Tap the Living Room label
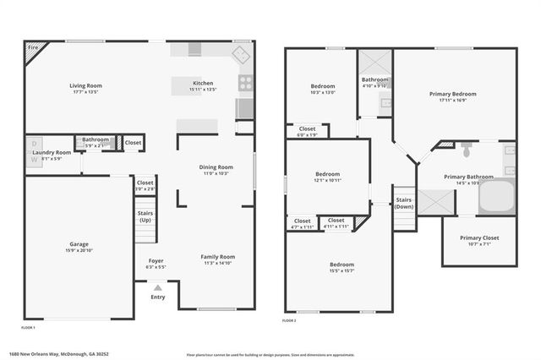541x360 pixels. coord(85,85)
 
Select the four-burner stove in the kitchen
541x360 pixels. coord(246,83)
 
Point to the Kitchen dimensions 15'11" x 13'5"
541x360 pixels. coord(204,90)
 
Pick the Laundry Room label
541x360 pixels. coord(52,152)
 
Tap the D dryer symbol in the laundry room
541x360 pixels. coord(35,144)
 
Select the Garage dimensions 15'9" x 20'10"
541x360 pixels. coord(79,250)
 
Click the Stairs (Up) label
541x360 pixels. coord(145,216)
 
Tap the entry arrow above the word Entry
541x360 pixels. coord(157,288)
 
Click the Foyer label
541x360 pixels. coord(156,260)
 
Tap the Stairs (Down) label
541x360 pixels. coord(404,204)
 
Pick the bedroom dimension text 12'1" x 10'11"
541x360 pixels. coord(327,180)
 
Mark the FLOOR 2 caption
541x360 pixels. coord(289,320)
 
